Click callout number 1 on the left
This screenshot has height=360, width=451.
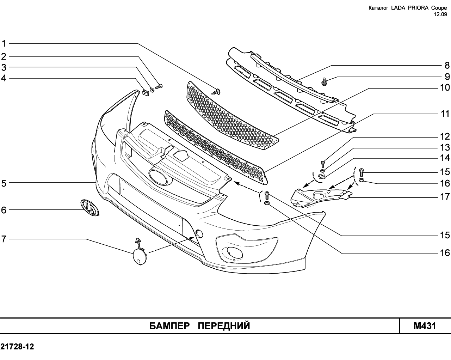pyautogui.click(x=4, y=44)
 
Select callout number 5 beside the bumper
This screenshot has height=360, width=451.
pyautogui.click(x=4, y=183)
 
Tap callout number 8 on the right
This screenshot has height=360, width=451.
pyautogui.click(x=447, y=65)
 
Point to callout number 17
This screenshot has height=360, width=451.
pyautogui.click(x=445, y=197)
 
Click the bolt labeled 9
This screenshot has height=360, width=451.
pyautogui.click(x=323, y=82)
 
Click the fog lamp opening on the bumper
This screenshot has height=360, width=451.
pyautogui.click(x=232, y=251)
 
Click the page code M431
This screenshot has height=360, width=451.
pyautogui.click(x=425, y=326)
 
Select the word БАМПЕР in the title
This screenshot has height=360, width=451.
pyautogui.click(x=170, y=326)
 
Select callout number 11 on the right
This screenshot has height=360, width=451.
pyautogui.click(x=445, y=114)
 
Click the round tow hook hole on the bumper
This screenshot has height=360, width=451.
pyautogui.click(x=199, y=233)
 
